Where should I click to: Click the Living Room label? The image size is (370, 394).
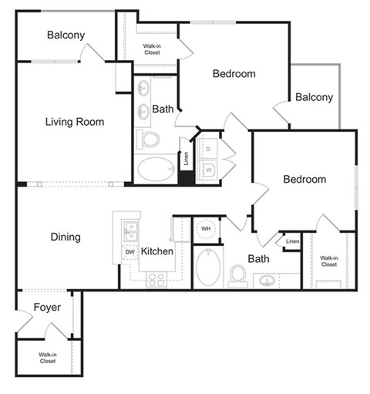[74, 122]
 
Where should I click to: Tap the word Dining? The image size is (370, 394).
[66, 237]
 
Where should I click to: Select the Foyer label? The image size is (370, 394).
[47, 308]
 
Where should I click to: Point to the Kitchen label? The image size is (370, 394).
[156, 251]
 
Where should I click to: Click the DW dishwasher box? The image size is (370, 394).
[130, 252]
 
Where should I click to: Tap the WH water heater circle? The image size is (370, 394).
[206, 229]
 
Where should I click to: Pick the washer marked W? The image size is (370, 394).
[208, 169]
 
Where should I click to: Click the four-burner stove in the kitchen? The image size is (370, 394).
[156, 279]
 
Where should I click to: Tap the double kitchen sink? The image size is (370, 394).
[131, 229]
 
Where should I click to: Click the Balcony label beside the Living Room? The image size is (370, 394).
[66, 35]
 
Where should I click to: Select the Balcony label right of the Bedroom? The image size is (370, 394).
[314, 97]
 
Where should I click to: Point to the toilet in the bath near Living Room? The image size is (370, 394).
[150, 140]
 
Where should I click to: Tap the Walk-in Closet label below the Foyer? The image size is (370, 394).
[47, 357]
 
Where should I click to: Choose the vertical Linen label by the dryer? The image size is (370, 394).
[186, 159]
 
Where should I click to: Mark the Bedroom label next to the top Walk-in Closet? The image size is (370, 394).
[234, 74]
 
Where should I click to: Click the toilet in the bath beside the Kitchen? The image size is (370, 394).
[239, 274]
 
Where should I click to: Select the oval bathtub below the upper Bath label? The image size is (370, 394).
[156, 167]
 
